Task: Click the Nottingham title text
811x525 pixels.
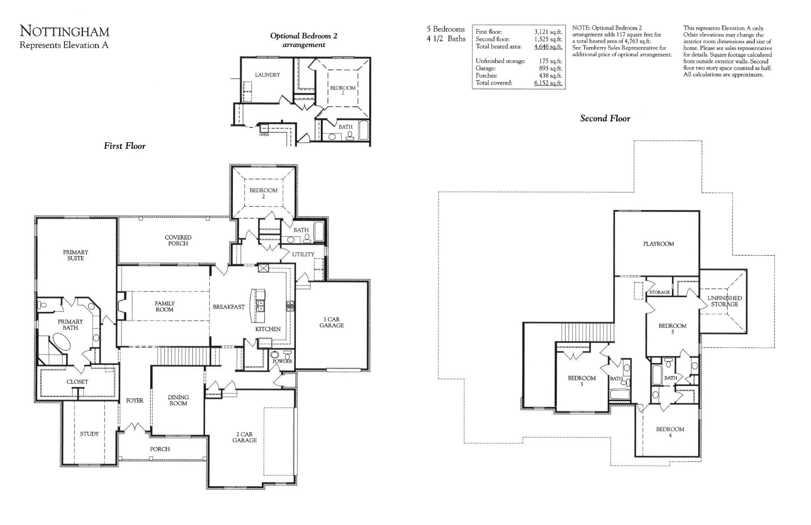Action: coord(65,31)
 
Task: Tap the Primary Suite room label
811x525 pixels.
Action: coord(75,255)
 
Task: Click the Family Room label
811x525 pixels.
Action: coord(165,306)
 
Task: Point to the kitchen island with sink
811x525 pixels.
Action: coord(258,305)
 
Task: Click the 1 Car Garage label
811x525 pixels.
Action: coord(331,322)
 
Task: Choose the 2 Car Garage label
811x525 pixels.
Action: coord(244,437)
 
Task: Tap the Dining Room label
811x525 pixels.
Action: coord(178,400)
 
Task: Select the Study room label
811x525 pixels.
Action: coord(89,434)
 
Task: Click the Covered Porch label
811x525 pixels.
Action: coord(178,240)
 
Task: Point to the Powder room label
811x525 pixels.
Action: coord(282,361)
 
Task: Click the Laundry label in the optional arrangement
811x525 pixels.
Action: coord(267,75)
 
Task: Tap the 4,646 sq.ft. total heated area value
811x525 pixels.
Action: coord(548,47)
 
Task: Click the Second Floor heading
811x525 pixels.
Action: coord(605,118)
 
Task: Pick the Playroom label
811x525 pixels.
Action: coord(658,244)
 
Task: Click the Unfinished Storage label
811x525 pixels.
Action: coord(724,301)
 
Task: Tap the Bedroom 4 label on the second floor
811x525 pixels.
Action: coord(670,432)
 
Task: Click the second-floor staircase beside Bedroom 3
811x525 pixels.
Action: coord(587,332)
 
